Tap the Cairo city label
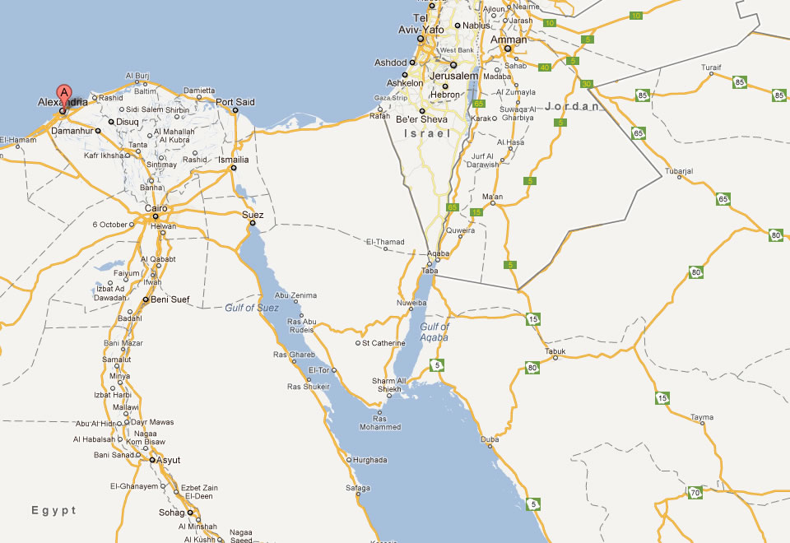156,208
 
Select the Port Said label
235,102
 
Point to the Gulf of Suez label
253,308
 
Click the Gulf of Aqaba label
434,332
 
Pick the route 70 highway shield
695,493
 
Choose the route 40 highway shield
545,67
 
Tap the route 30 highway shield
586,84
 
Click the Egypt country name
54,511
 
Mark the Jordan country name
572,107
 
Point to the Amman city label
508,39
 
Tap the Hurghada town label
369,460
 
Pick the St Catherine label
384,343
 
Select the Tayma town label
702,417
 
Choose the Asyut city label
168,460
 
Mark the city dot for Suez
253,223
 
